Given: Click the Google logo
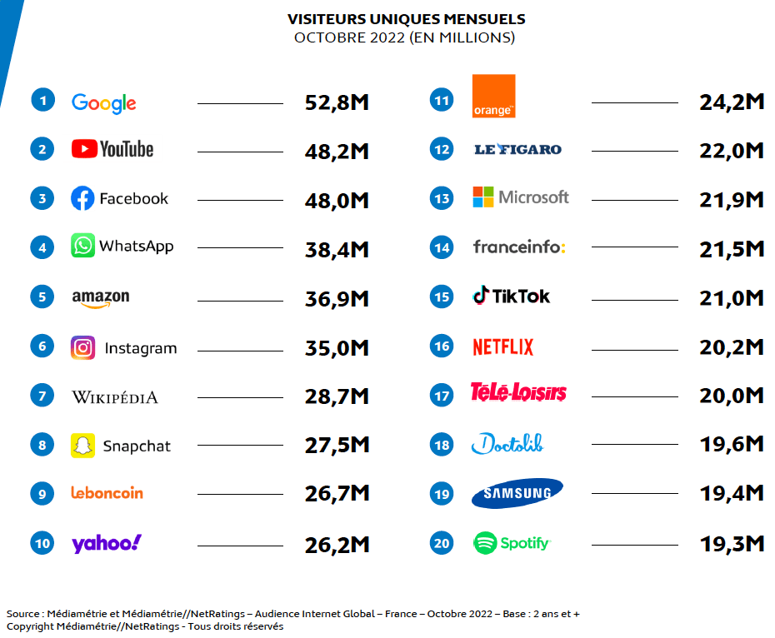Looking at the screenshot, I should pos(103,102).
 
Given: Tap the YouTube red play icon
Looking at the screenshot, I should pos(83,149).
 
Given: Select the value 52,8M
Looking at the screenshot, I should pos(337,103).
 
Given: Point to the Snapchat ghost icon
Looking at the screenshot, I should pos(82,446).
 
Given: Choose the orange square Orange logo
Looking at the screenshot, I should pos(493,96).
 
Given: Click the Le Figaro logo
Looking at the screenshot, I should pos(517,150).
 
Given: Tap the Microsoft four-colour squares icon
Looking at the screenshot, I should pos(482,197).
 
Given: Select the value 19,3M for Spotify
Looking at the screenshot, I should pos(732,544).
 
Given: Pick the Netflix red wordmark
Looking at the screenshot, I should pos(502,346).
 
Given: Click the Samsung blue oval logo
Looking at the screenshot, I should pos(517,493).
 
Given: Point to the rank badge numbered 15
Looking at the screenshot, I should pos(442,297).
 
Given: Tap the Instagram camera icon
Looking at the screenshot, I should pos(82,347).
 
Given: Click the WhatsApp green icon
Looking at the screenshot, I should pos(82,246).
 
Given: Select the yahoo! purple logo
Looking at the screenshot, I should pos(106,543).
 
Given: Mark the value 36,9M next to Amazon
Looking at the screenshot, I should pos(337,298).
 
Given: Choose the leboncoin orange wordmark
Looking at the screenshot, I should pos(107,493).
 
